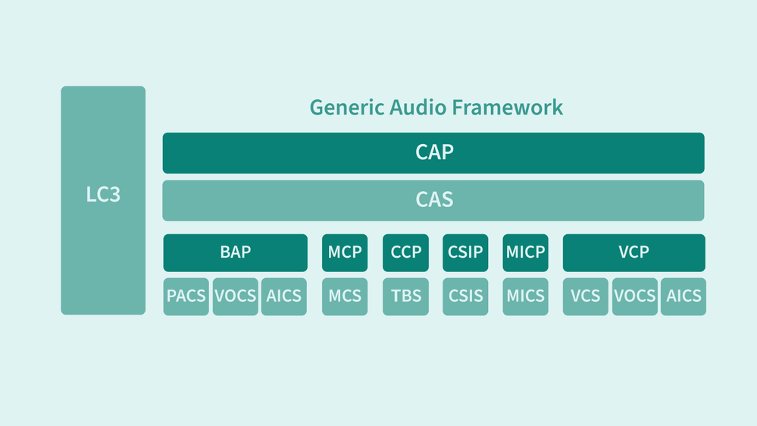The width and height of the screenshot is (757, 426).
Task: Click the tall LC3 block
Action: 103,200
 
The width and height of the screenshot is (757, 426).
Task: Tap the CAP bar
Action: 433,153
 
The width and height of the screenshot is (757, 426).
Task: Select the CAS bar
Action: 433,200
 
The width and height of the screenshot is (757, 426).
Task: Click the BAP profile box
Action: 235,252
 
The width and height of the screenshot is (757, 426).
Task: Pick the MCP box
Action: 345,252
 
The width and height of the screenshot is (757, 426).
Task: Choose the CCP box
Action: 405,252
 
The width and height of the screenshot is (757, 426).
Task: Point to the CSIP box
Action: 465,252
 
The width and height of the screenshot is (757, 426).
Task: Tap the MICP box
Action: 525,252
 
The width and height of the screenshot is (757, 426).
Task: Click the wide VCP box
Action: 633,252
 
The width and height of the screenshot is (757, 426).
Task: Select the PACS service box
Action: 186,296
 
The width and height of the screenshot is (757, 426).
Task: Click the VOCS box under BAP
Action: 235,296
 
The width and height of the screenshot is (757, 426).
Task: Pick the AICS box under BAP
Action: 284,296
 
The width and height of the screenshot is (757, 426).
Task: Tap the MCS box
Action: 345,296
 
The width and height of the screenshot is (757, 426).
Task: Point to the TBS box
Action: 405,296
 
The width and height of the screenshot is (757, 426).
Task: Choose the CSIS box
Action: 465,296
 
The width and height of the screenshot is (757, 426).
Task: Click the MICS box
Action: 525,296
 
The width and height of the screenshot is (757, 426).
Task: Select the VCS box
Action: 585,296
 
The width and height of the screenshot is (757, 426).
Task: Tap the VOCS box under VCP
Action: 634,296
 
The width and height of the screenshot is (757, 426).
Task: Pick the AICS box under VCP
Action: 683,296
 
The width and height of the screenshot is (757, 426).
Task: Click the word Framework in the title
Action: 508,108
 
